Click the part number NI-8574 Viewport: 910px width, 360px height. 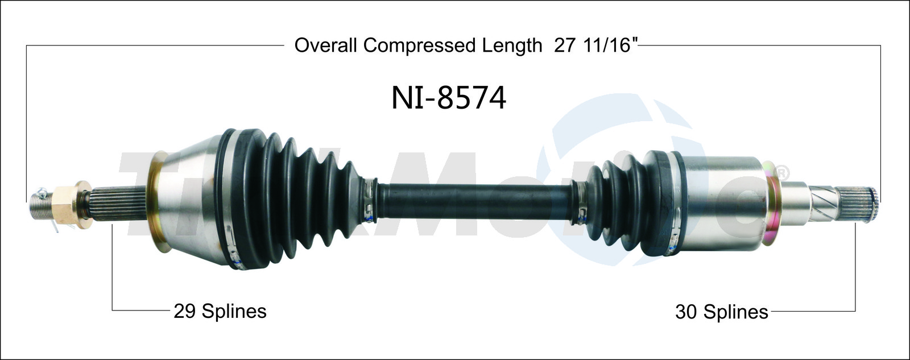coord(448,98)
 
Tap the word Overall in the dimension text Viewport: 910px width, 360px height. coord(326,45)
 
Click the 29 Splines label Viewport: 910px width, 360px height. coord(220,311)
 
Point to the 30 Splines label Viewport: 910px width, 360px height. coord(721,312)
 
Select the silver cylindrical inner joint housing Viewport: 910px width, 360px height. coord(722,203)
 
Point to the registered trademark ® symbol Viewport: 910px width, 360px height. coord(783,171)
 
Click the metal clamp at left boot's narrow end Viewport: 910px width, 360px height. coord(371,201)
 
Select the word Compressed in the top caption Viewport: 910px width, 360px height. coord(422,45)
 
